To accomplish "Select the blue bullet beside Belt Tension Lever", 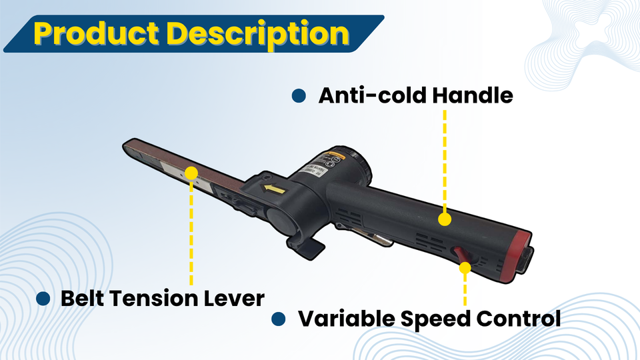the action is (43, 298).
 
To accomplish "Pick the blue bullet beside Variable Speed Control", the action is (279, 319).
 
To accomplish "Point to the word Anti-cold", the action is (371, 95).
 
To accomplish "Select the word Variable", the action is (346, 319).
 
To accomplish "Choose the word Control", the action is (519, 319).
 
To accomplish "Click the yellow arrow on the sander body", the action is (274, 191).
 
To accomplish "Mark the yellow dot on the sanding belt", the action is (191, 173).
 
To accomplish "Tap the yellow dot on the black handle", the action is (445, 218).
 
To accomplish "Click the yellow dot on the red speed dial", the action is (465, 267).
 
